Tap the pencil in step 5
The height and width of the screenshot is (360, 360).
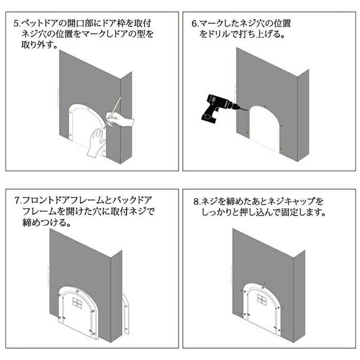(x=113, y=112)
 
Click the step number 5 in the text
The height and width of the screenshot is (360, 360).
(x=16, y=24)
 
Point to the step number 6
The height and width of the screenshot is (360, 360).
(x=194, y=24)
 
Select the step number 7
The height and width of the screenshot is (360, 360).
(x=17, y=201)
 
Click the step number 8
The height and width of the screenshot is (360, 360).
(x=196, y=202)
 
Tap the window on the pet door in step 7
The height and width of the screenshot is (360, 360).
(x=77, y=302)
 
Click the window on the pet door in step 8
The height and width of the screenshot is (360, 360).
(x=262, y=299)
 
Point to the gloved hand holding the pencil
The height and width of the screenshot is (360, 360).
(x=120, y=119)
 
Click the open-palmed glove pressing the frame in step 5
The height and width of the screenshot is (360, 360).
(x=96, y=143)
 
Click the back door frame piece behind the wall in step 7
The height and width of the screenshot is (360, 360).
(x=126, y=313)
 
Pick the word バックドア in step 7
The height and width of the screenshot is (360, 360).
(x=131, y=201)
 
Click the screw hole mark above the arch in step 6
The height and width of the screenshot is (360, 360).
(x=266, y=106)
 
